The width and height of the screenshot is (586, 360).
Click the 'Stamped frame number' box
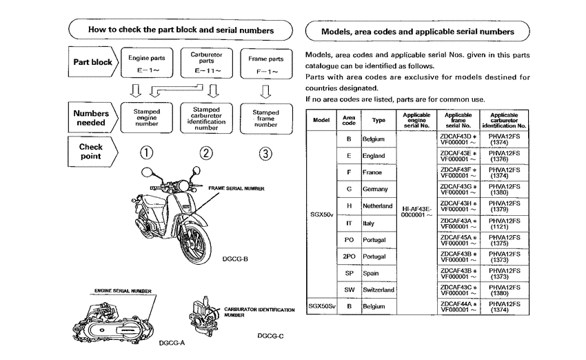tap(265, 118)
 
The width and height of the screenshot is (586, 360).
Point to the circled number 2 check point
tap(206, 153)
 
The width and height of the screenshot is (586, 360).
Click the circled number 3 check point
tap(265, 153)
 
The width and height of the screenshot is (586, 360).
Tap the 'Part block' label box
tap(92, 62)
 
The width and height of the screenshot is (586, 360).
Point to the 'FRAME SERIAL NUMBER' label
tap(236, 188)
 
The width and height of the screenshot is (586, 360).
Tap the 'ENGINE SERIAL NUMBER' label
tap(123, 291)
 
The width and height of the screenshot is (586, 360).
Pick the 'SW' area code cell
tap(349, 290)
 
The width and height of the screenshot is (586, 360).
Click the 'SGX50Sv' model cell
tap(322, 306)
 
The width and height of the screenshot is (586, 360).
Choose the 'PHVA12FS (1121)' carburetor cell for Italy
tap(504, 223)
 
